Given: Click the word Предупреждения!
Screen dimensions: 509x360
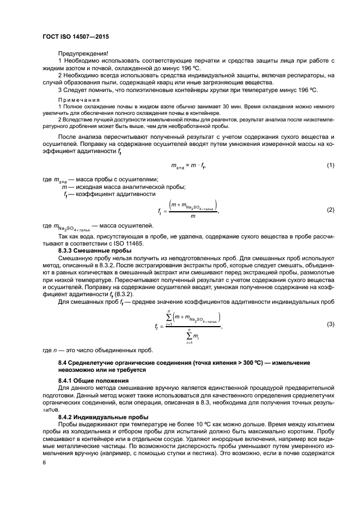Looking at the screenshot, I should (82, 53).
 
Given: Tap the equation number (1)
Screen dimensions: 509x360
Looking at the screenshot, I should (330, 165).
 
